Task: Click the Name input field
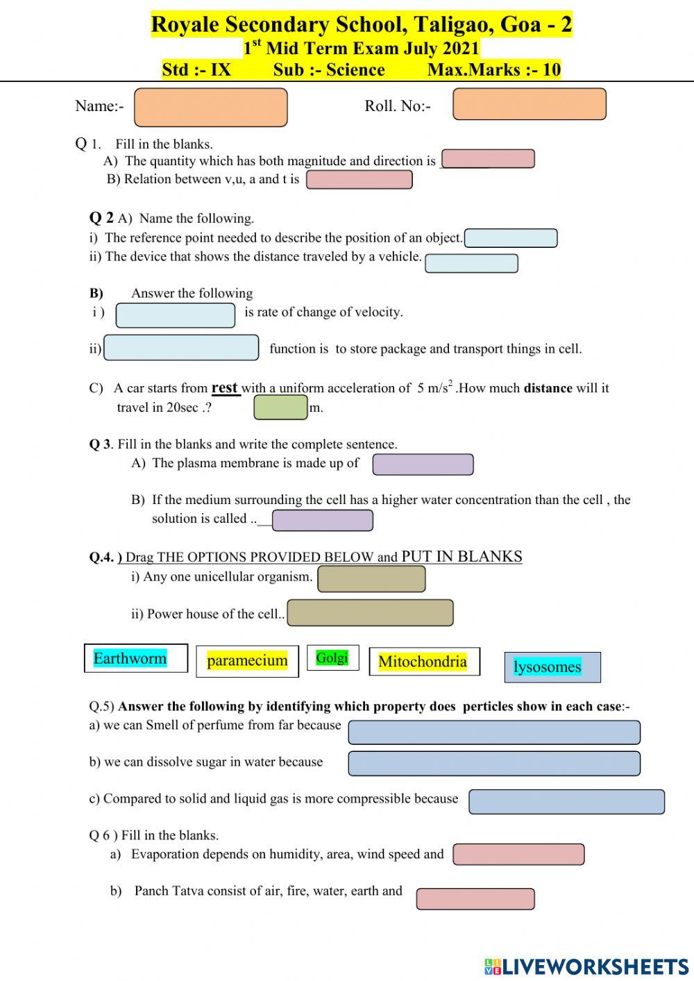[x=210, y=107]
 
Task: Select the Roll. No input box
[x=529, y=104]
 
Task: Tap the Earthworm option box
[x=135, y=658]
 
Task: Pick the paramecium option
[x=247, y=660]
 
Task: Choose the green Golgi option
[x=332, y=657]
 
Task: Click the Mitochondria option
[x=423, y=662]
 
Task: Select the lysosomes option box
[x=552, y=666]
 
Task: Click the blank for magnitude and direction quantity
[x=488, y=159]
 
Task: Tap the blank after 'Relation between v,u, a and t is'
[x=359, y=180]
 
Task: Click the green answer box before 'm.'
[x=280, y=408]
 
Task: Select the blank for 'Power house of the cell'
[x=370, y=613]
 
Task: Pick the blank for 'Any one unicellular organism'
[x=371, y=578]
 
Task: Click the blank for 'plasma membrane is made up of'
[x=423, y=464]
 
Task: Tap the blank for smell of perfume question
[x=493, y=732]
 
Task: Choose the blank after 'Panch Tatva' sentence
[x=475, y=898]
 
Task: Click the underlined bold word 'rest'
[x=225, y=387]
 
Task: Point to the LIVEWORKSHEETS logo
[x=586, y=966]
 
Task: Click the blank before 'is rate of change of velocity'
[x=176, y=315]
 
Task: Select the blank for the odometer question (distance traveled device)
[x=471, y=263]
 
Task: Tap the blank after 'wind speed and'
[x=518, y=854]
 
